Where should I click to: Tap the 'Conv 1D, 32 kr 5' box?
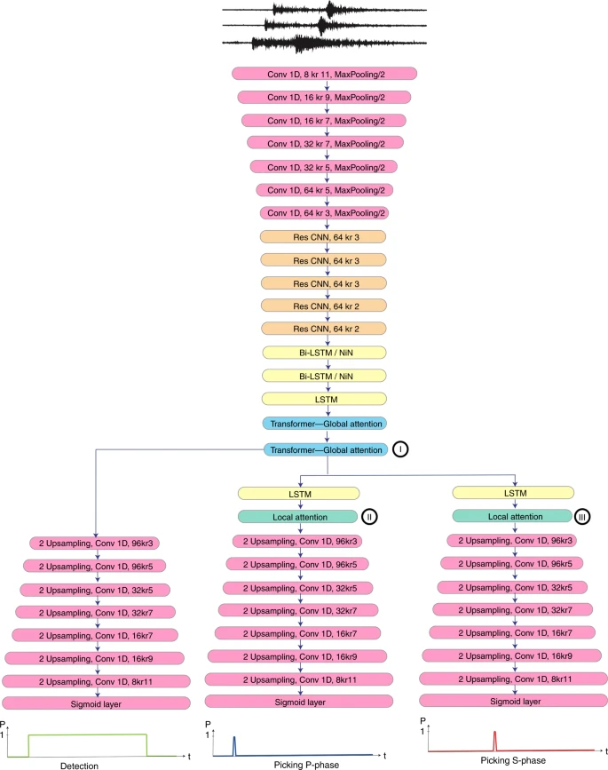(x=324, y=166)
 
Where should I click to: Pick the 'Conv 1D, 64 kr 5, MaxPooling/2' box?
(x=324, y=190)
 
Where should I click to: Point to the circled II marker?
(x=373, y=517)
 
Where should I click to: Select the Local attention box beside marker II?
(x=297, y=517)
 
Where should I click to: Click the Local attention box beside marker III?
(x=511, y=517)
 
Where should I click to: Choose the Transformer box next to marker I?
(x=324, y=450)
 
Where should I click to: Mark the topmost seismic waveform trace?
(x=324, y=10)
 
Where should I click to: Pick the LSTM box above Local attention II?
(x=297, y=493)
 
